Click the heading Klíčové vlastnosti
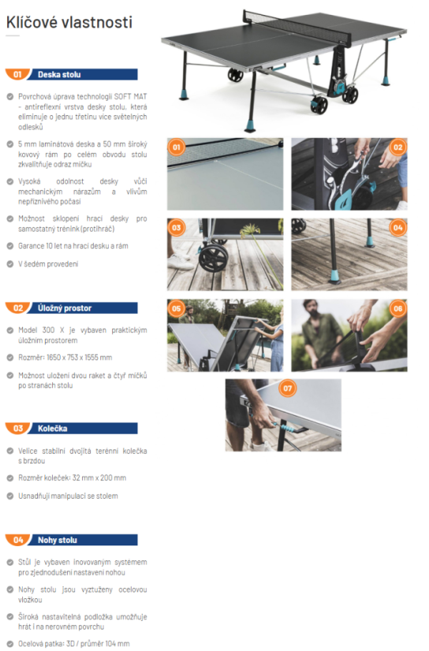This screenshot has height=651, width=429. tap(69, 22)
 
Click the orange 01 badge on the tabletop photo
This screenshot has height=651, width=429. tap(177, 147)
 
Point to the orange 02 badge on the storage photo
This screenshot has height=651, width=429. tap(398, 147)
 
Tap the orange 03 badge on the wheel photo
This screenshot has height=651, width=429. tap(177, 228)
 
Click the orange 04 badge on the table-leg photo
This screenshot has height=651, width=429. tap(398, 228)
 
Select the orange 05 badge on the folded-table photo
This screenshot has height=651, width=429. tap(177, 308)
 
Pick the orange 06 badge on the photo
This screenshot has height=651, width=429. tap(398, 308)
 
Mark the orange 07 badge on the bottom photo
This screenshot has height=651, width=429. tap(287, 389)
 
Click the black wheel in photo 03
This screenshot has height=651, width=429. tap(213, 258)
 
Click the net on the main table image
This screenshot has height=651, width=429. tap(297, 28)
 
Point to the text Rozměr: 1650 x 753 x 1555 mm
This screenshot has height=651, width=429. tap(65, 357)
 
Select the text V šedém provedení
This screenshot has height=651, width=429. tap(48, 264)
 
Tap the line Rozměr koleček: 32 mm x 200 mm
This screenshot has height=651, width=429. tap(72, 478)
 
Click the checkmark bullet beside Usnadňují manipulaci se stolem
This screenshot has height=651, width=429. tap(10, 496)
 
